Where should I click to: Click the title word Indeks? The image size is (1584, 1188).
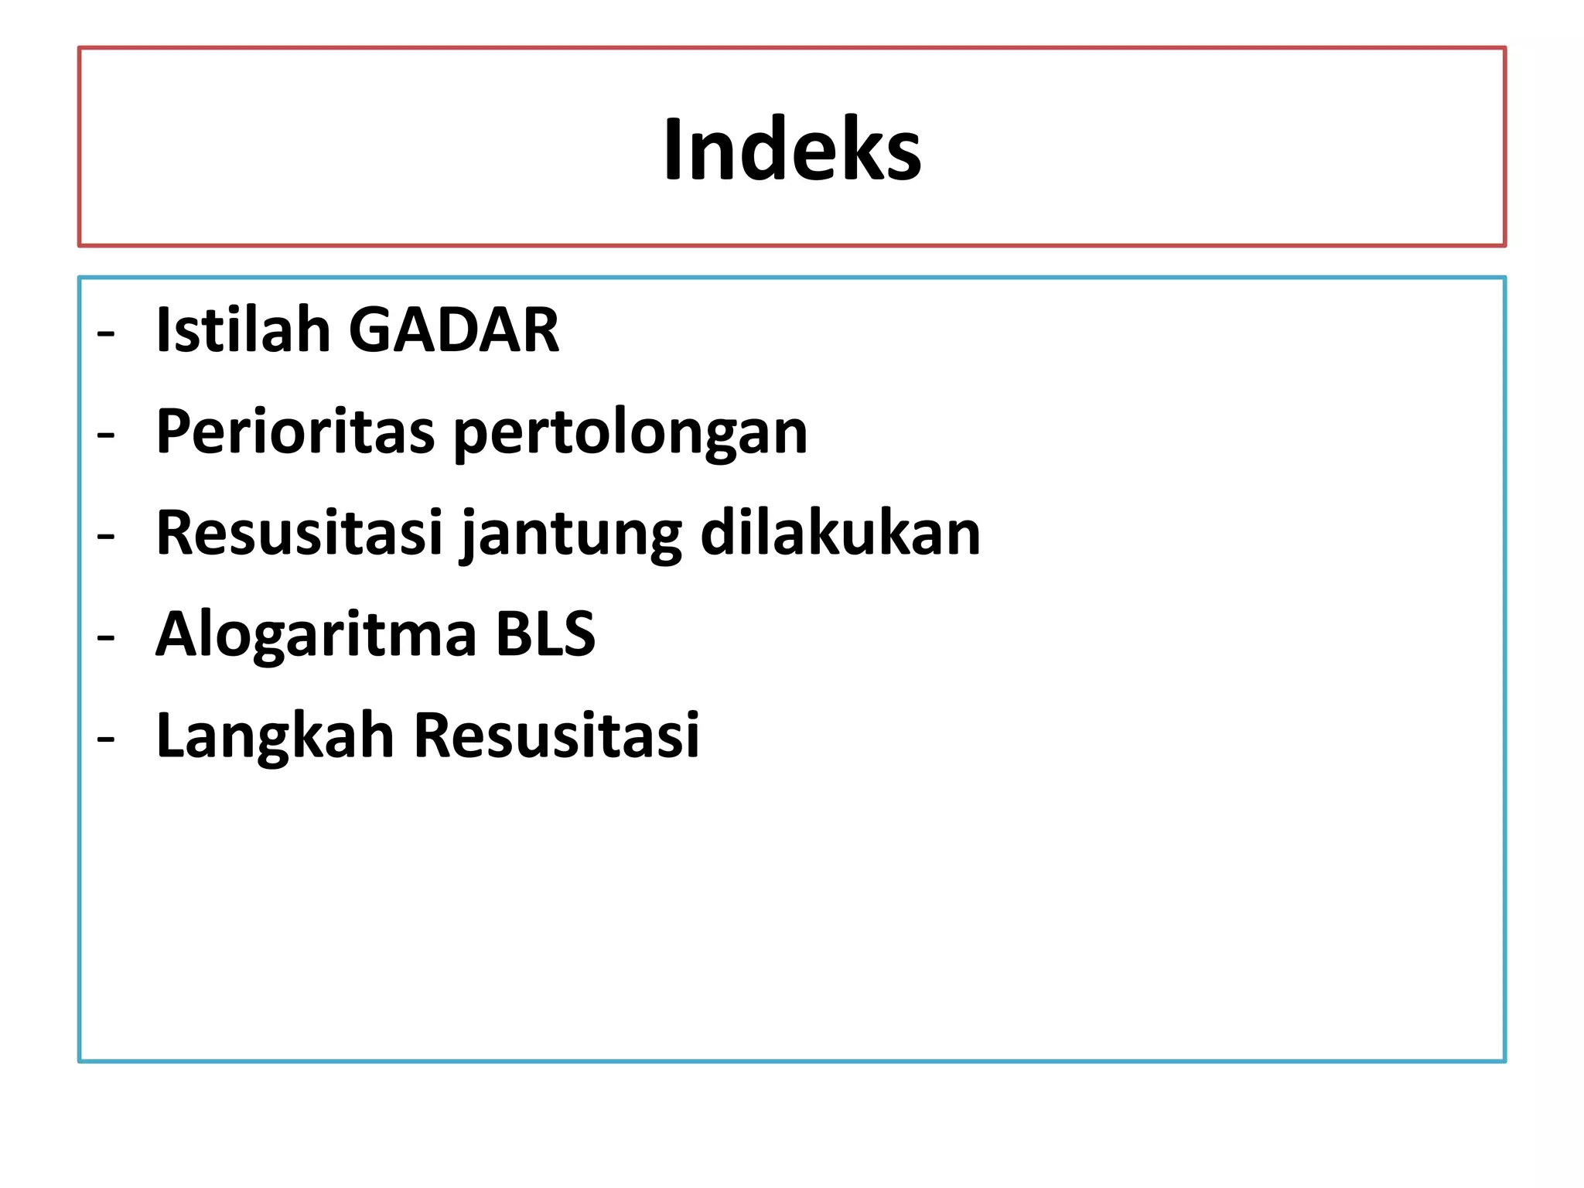click(x=792, y=150)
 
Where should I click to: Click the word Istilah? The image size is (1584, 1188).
click(x=243, y=330)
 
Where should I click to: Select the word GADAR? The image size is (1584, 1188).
click(x=454, y=330)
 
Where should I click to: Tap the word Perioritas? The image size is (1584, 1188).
click(x=295, y=432)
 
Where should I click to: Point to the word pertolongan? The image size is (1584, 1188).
click(x=630, y=433)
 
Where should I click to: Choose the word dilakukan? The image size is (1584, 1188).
click(x=840, y=533)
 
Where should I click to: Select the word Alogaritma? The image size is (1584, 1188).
click(x=316, y=635)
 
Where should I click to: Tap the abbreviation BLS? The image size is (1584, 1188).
click(x=545, y=634)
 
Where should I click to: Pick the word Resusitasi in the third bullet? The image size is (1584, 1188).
click(x=299, y=533)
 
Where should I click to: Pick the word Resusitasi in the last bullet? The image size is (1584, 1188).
click(x=556, y=736)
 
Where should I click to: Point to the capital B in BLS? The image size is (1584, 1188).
click(x=512, y=634)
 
